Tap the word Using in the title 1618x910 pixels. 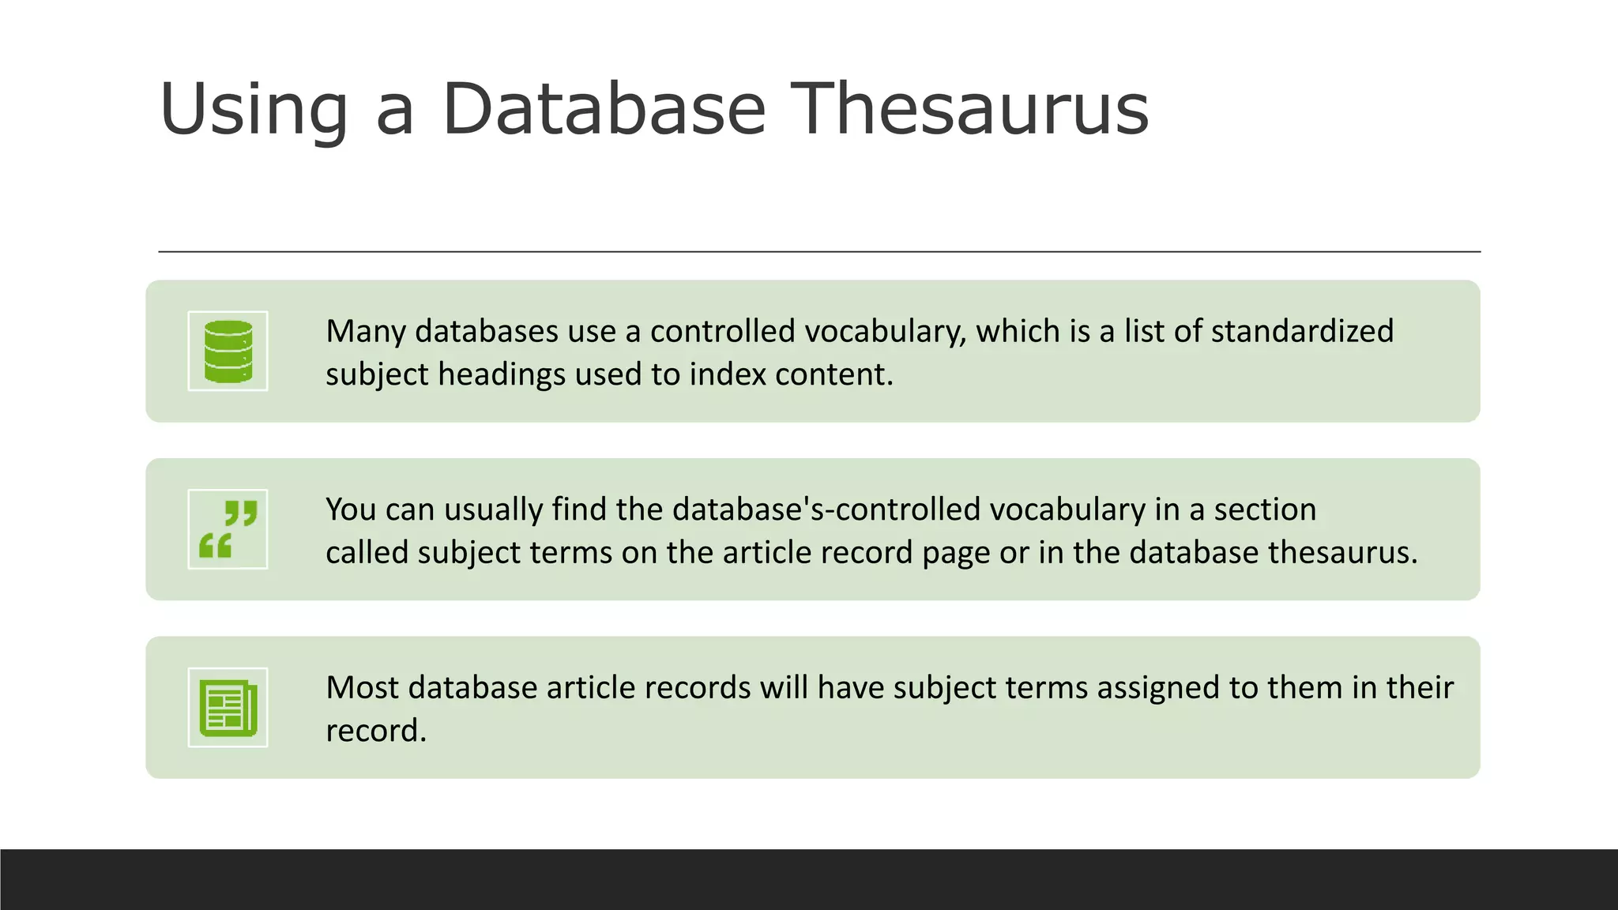pyautogui.click(x=254, y=111)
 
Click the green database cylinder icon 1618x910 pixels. pyautogui.click(x=228, y=352)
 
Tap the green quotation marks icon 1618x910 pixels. pyautogui.click(x=228, y=529)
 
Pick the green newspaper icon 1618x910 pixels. pyautogui.click(x=228, y=708)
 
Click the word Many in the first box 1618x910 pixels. pyautogui.click(x=366, y=332)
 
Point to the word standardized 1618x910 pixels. pyautogui.click(x=1302, y=332)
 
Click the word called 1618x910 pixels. pyautogui.click(x=367, y=552)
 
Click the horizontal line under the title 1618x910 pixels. pyautogui.click(x=819, y=252)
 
